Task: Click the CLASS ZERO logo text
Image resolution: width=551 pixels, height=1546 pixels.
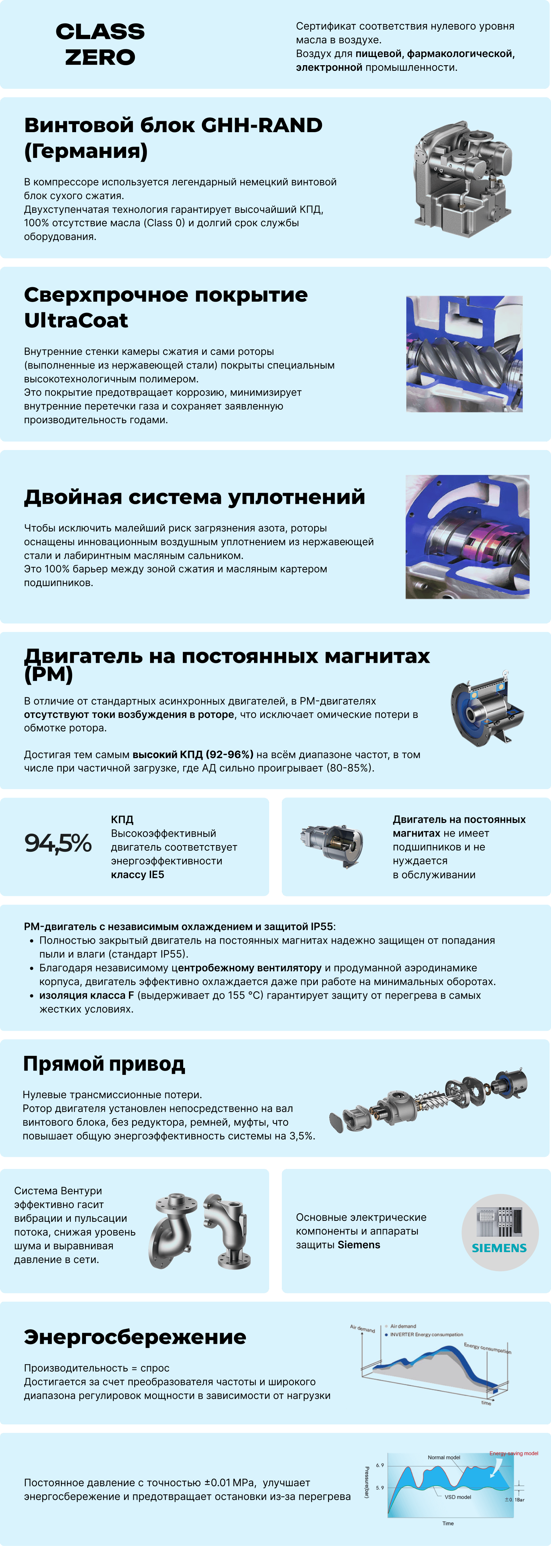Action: tap(100, 44)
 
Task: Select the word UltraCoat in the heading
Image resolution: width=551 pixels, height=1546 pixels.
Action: tap(76, 320)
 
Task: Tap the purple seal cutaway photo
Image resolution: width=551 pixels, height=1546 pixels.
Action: tap(467, 537)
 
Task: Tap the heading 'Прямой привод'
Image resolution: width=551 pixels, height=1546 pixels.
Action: tap(104, 1064)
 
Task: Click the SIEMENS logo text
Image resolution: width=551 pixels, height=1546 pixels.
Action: tap(499, 1248)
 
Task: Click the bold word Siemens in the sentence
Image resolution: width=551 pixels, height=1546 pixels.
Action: tap(359, 1245)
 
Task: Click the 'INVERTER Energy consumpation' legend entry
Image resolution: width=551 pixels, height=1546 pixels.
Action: tap(426, 1334)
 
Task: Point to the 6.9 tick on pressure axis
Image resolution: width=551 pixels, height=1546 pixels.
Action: tap(380, 1465)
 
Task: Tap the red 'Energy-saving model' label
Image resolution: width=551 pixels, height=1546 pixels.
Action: tap(514, 1453)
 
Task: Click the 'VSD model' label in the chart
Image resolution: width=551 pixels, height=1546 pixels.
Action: tap(457, 1497)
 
